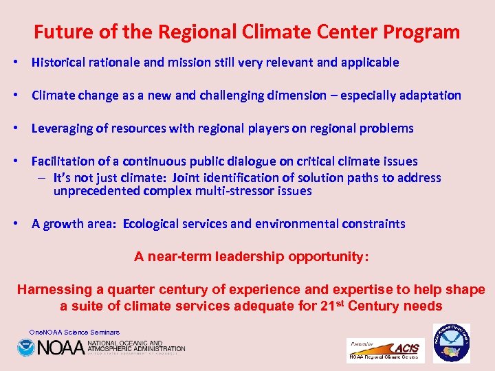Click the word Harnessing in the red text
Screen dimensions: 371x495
click(52, 289)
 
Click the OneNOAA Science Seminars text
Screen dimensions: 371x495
click(74, 333)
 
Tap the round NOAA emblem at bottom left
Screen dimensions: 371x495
click(26, 348)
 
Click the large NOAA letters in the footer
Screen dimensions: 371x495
click(60, 348)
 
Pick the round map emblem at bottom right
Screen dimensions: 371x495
click(452, 344)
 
